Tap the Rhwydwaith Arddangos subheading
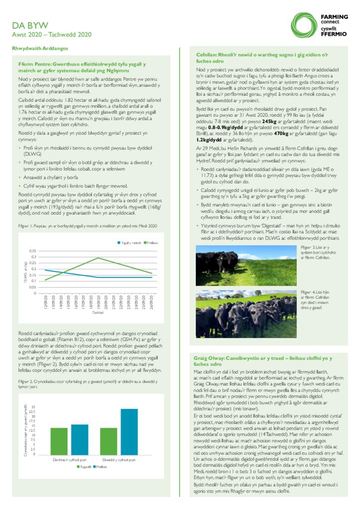click(40, 48)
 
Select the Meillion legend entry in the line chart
click(151, 242)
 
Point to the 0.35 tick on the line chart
click(33, 251)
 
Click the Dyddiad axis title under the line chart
click(98, 312)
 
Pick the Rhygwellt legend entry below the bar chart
click(85, 466)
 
